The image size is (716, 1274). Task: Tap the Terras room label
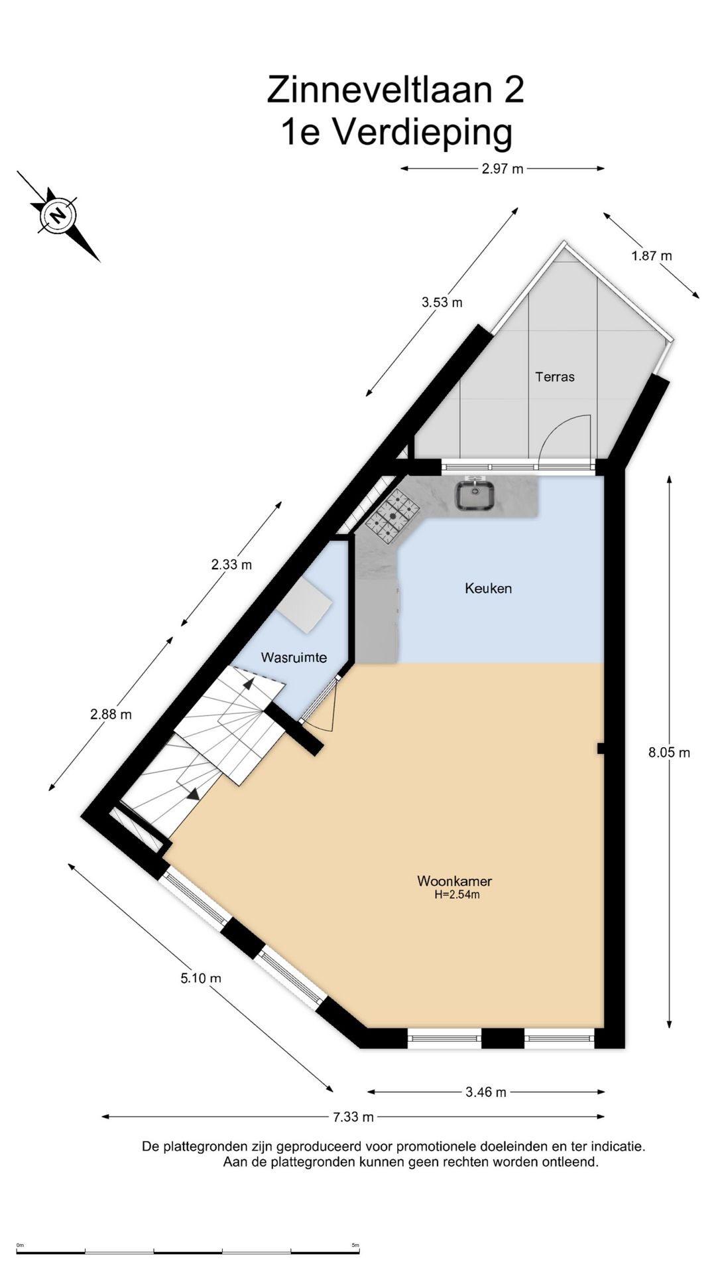[555, 377]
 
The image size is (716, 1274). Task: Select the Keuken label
[488, 588]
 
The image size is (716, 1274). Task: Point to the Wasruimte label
[294, 658]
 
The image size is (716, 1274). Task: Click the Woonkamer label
[454, 881]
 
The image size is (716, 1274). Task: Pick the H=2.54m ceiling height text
[457, 894]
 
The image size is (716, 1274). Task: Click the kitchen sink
[475, 495]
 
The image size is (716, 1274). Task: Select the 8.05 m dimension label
[669, 752]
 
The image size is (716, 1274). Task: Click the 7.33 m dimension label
[353, 1117]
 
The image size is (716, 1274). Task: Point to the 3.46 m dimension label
[486, 1092]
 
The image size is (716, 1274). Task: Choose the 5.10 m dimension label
[201, 978]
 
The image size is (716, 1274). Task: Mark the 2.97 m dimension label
[503, 169]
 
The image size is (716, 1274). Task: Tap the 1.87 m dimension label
[652, 255]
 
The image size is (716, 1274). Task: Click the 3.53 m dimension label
[442, 303]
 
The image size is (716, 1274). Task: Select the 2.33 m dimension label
[231, 565]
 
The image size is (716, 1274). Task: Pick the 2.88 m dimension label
[111, 715]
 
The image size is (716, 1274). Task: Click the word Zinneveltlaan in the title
[382, 90]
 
